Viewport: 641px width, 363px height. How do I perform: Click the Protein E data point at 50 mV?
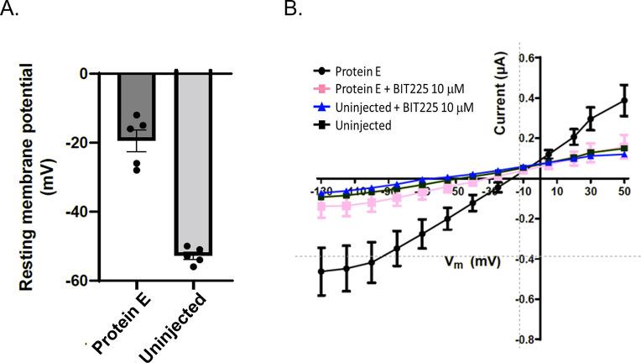tap(623, 101)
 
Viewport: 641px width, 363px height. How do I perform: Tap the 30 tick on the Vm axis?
tap(591, 192)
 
